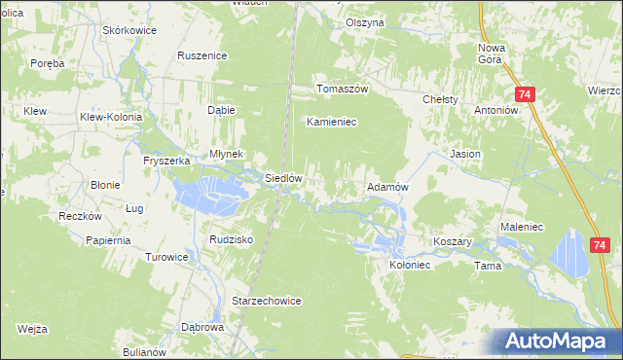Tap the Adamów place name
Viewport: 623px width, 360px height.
(385, 186)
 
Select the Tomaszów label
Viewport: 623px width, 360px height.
(341, 89)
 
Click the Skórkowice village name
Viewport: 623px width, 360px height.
(130, 30)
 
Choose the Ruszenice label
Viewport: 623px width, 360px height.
(202, 55)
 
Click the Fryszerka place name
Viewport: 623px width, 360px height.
(165, 161)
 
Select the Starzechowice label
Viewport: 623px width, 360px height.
(267, 302)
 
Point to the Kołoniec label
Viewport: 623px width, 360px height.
(410, 264)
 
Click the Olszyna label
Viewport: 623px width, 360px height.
(366, 22)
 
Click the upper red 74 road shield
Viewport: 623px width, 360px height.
(525, 94)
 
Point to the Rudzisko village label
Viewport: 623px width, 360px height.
(232, 238)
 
